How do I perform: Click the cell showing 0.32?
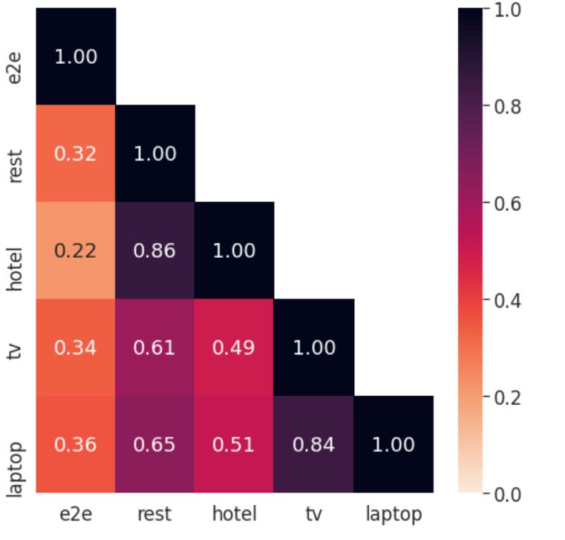tap(76, 153)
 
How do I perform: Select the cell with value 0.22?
tap(76, 250)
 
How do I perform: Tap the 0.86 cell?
tap(155, 250)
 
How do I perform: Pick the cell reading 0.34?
tap(76, 347)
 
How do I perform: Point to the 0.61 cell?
tap(155, 347)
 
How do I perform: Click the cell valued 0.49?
tap(234, 347)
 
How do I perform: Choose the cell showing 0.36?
tap(76, 444)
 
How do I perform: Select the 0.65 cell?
tap(155, 444)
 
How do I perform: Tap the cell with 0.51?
tap(234, 444)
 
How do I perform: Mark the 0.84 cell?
tap(314, 444)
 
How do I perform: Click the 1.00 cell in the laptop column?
tap(393, 444)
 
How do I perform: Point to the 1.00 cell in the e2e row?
tap(76, 56)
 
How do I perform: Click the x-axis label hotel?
tap(234, 513)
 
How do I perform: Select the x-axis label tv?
tap(314, 514)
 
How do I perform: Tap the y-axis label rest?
tap(15, 166)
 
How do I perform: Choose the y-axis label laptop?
tap(16, 469)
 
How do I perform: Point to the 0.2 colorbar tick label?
tap(507, 397)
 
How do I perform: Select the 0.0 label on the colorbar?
tap(507, 495)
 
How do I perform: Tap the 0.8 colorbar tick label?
tap(507, 107)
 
